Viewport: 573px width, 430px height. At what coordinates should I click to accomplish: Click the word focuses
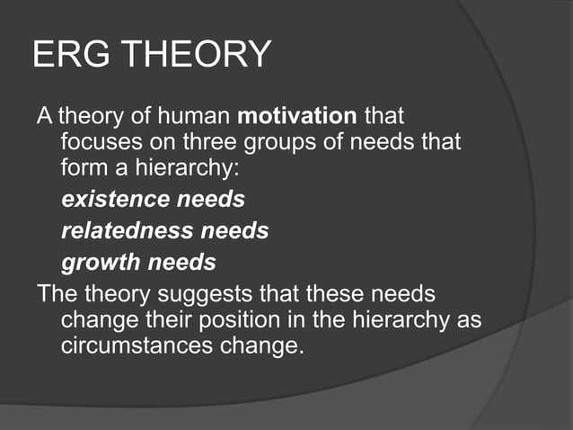click(97, 142)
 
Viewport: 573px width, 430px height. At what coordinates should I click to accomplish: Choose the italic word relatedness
click(127, 230)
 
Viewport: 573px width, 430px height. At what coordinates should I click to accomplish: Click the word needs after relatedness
click(234, 230)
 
